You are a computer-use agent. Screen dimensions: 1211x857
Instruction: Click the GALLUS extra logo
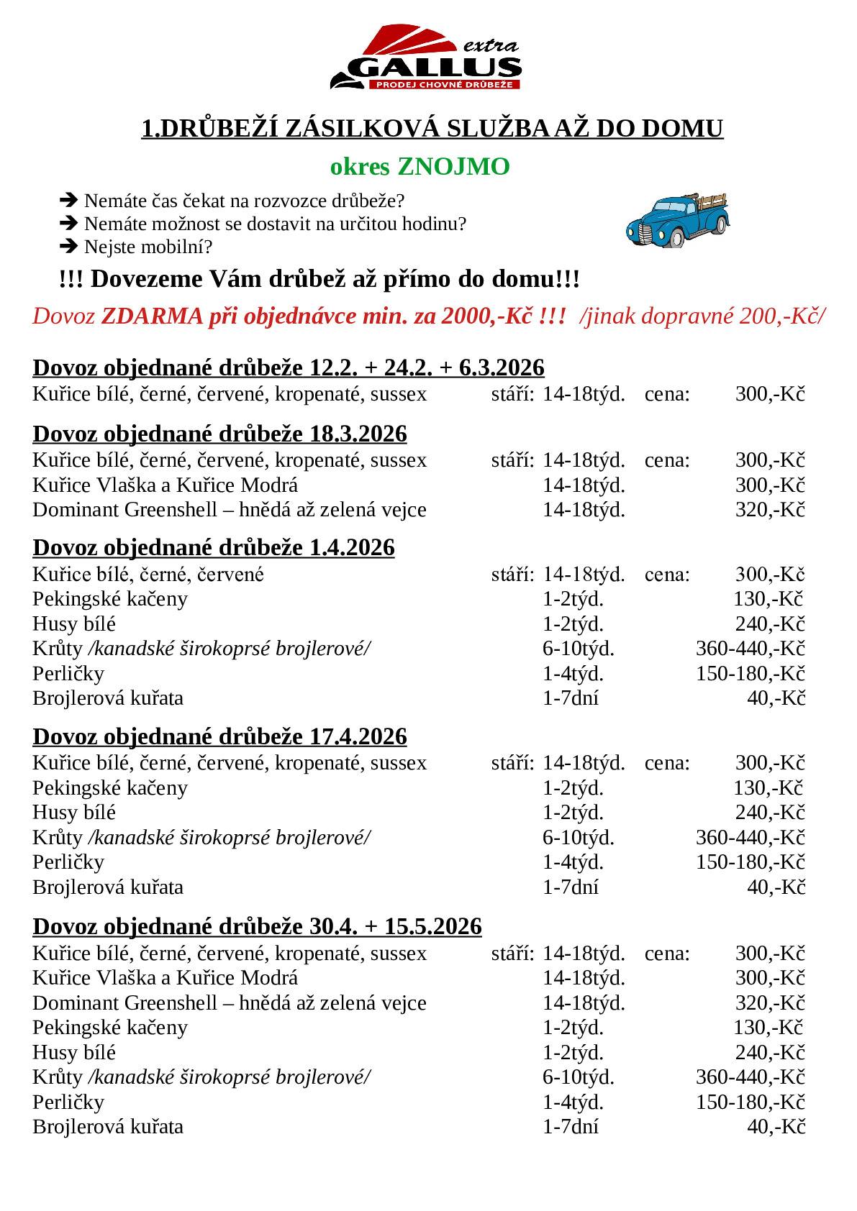coord(426,59)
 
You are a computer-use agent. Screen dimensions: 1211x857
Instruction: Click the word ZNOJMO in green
coord(453,167)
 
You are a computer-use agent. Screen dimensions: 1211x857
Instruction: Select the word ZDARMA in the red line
coord(153,316)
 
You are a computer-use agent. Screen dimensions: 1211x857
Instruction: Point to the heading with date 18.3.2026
coord(219,434)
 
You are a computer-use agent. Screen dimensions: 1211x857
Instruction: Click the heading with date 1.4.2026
coord(214,547)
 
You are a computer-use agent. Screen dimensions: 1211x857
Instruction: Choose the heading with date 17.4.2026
coord(219,736)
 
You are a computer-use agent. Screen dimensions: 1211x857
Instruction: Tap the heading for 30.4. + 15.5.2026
coord(257,926)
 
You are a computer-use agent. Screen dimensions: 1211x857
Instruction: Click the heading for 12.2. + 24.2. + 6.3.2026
coord(289,367)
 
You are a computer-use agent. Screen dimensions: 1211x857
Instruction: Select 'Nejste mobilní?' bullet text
coord(148,247)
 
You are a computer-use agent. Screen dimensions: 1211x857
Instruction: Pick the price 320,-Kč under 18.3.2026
coord(769,510)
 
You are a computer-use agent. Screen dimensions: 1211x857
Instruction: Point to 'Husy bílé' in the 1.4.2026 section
coord(74,623)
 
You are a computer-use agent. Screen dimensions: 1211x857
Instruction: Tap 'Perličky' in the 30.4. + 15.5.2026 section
coord(68,1102)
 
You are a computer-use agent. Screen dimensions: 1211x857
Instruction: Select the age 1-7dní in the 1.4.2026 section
coord(570,698)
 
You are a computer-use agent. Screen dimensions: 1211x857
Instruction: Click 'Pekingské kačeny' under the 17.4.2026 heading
coord(110,787)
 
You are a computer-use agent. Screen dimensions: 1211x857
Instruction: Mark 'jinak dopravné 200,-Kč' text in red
coord(705,316)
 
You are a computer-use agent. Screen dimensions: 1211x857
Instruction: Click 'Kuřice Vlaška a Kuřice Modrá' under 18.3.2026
coord(165,485)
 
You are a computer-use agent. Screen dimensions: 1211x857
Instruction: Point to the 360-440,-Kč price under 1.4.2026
coord(750,649)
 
